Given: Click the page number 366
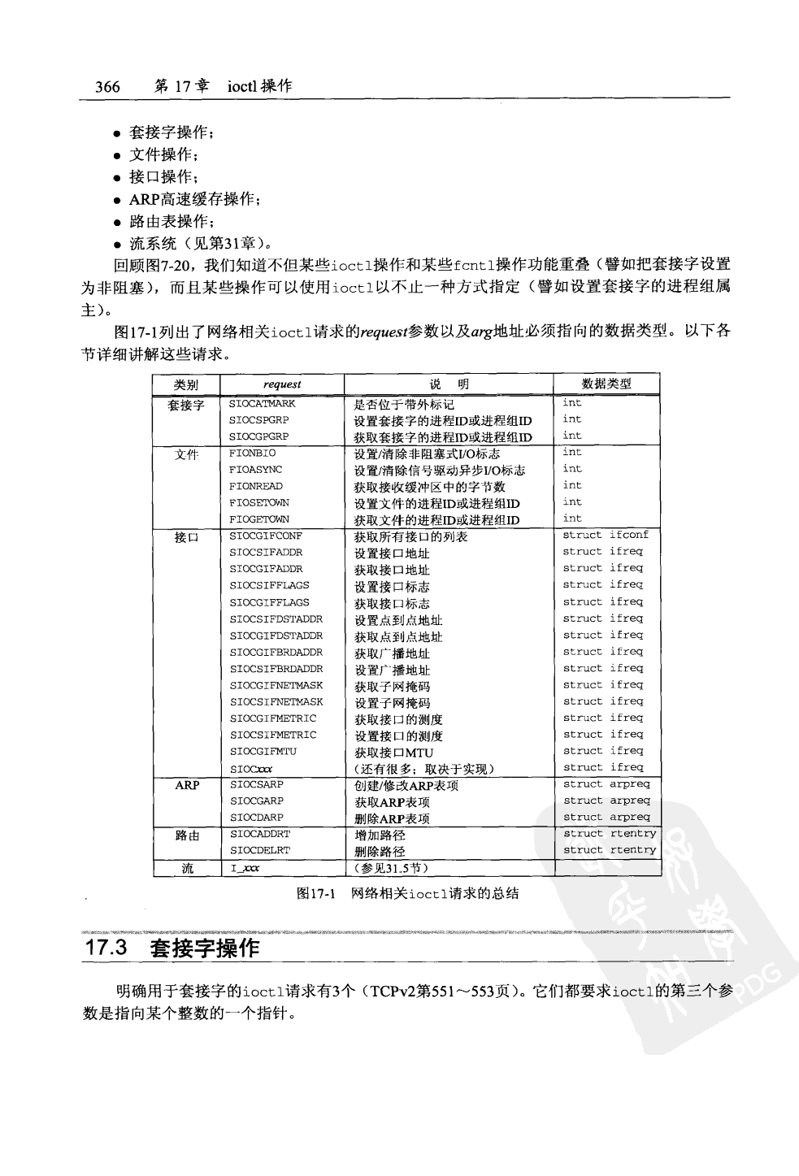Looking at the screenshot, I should coord(107,87).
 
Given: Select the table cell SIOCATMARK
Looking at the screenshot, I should coord(262,403).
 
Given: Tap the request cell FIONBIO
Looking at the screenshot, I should coord(252,453).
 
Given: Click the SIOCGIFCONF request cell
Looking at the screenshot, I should coord(265,536).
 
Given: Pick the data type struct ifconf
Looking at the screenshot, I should coord(606,535).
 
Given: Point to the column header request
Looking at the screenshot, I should coord(282,384).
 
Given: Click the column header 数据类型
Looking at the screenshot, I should coord(606,384).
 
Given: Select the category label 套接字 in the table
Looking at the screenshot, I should coord(186,404).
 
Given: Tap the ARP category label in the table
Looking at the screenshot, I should coord(187,785).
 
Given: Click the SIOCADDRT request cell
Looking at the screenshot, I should coord(259,834).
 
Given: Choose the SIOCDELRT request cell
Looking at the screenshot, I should coord(259,850).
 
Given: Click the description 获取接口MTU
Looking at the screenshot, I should coord(393,752).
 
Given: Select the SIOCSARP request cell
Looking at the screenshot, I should coord(256,784).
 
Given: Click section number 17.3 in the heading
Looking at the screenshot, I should coord(110,948).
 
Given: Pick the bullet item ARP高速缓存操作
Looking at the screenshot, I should coord(194,199).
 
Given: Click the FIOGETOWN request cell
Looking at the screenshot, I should coord(258,519).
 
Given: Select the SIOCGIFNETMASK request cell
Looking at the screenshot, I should coord(276,685).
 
